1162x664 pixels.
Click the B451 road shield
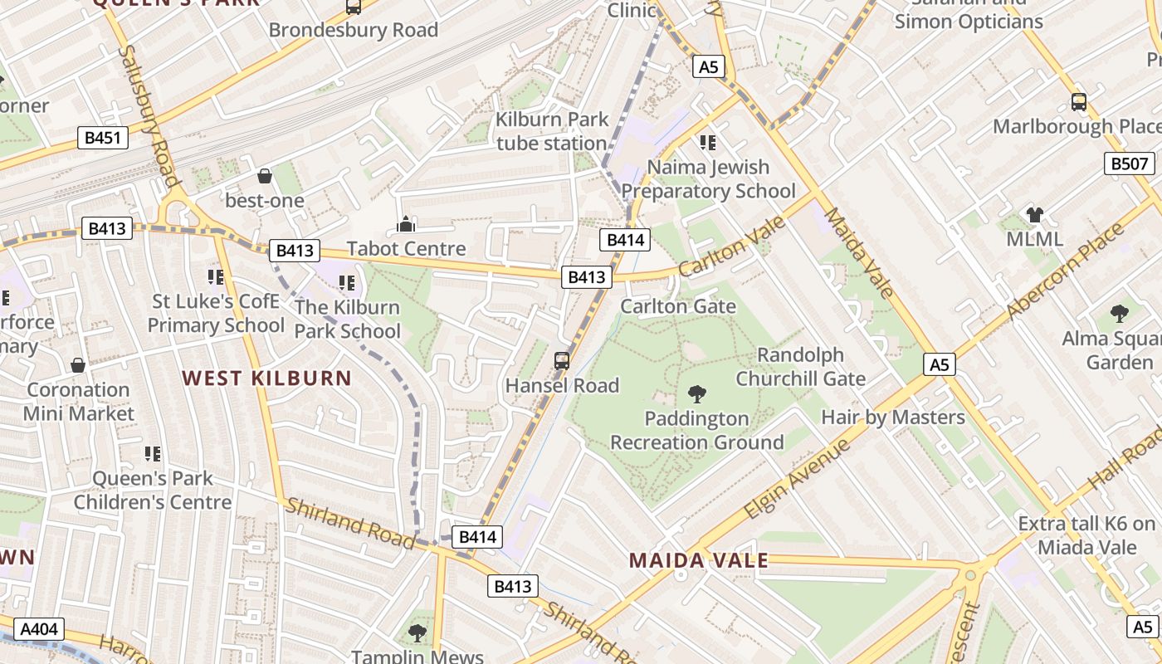[x=104, y=138]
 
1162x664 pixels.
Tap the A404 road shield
[x=38, y=629]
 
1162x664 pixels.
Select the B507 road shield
[x=1130, y=164]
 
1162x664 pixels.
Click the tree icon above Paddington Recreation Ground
[x=697, y=394]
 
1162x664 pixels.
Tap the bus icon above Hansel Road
[x=562, y=361]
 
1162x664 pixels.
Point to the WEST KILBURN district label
[x=267, y=378]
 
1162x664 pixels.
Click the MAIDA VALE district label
[x=698, y=560]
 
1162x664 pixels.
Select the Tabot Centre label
[x=406, y=248]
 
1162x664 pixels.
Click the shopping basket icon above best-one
[x=265, y=176]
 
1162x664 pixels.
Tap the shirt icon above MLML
[x=1034, y=215]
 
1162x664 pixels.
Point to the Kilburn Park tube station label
[x=552, y=131]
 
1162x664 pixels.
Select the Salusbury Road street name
[x=149, y=116]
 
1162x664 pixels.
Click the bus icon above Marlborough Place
[x=1078, y=102]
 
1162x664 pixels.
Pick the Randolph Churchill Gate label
[x=801, y=367]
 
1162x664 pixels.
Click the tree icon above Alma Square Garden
[x=1119, y=314]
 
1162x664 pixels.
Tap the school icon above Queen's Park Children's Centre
[x=152, y=453]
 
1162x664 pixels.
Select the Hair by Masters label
[x=892, y=417]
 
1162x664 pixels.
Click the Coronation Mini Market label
[x=79, y=401]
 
